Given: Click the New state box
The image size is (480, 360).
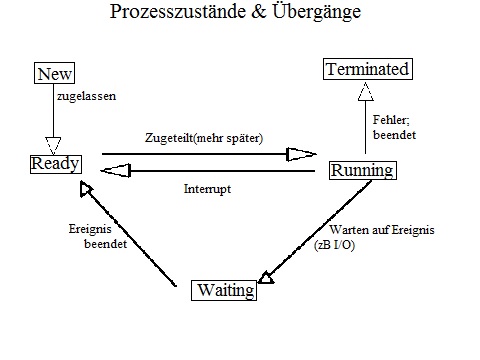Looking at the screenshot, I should pyautogui.click(x=54, y=73).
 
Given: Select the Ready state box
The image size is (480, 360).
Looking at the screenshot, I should pyautogui.click(x=55, y=162).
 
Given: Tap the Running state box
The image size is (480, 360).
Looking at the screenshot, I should pyautogui.click(x=362, y=170).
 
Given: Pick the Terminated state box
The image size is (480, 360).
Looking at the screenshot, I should pyautogui.click(x=367, y=70).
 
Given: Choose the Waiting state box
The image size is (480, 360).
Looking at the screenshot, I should pyautogui.click(x=224, y=292).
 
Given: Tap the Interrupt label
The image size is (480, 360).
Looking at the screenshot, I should pyautogui.click(x=208, y=188).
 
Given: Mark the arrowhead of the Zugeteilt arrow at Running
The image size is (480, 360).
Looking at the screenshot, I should pyautogui.click(x=301, y=154).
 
